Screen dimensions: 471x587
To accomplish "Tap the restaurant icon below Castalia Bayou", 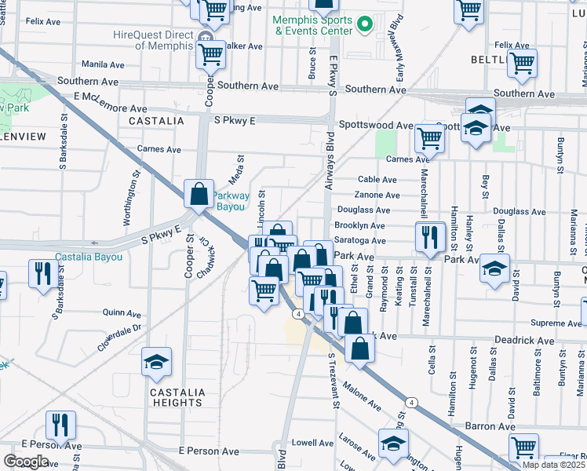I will [41, 273].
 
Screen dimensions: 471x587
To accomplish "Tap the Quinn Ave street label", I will [121, 312].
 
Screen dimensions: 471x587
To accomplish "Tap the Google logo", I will [26, 461].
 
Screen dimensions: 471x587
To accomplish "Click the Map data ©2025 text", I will [553, 464].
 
